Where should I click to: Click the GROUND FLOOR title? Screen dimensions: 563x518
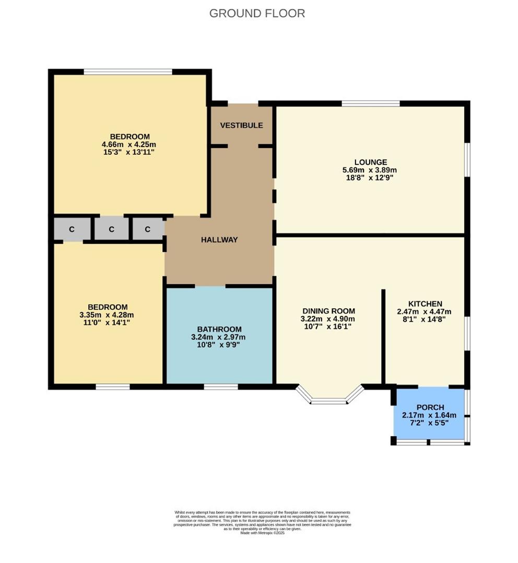[x=257, y=14]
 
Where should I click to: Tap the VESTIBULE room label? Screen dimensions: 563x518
[x=241, y=126]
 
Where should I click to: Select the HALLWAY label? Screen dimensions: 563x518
[x=219, y=240]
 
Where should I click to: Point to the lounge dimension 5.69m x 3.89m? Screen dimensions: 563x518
[x=369, y=170]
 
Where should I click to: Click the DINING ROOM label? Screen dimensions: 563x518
[x=327, y=311]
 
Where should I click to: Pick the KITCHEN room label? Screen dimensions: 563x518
[x=425, y=304]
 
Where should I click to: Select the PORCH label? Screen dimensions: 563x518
[x=430, y=407]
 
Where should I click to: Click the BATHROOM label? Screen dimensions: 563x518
[x=219, y=329]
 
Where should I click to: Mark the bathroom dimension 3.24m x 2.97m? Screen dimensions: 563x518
[x=219, y=337]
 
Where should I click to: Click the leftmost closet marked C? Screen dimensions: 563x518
[x=72, y=229]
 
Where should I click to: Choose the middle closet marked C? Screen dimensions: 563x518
[x=111, y=229]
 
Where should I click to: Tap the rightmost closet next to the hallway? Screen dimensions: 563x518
[x=148, y=229]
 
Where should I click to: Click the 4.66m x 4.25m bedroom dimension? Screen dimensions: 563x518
[x=129, y=144]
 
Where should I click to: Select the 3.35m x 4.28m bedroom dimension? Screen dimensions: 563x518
[x=107, y=315]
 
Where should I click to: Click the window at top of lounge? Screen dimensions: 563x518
[x=371, y=103]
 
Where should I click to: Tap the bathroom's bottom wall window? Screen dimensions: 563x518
[x=220, y=387]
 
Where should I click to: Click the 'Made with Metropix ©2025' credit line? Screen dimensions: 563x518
[x=263, y=533]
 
